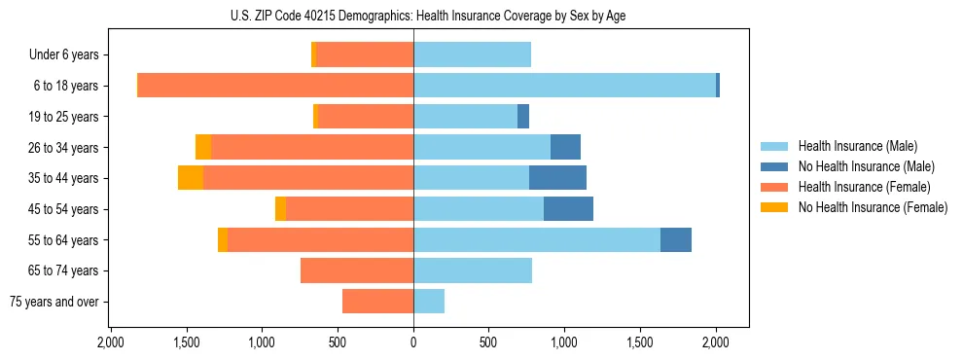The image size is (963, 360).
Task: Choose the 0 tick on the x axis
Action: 413,342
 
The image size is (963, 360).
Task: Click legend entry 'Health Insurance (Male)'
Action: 857,146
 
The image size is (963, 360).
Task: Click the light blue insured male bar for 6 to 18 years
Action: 564,86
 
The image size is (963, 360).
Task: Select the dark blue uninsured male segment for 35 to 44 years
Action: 557,178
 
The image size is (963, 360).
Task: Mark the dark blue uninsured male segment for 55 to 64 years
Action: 676,239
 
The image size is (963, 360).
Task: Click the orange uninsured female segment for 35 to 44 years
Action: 191,178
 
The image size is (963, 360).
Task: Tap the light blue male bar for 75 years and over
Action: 429,302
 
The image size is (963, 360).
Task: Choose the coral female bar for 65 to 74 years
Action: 357,270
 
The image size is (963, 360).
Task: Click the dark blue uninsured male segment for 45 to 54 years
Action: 568,208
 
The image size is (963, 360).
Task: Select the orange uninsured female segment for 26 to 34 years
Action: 203,147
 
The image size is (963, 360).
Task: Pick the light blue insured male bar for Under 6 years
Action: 472,54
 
